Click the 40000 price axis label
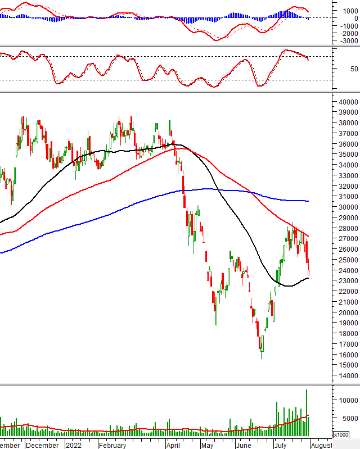click(349, 102)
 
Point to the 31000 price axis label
click(349, 197)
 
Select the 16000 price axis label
click(349, 355)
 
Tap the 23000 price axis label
click(349, 281)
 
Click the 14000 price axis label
click(349, 376)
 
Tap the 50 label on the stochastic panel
click(337, 69)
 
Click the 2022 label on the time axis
click(74, 445)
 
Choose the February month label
click(112, 445)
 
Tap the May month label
click(207, 445)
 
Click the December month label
click(42, 445)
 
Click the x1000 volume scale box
click(341, 435)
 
